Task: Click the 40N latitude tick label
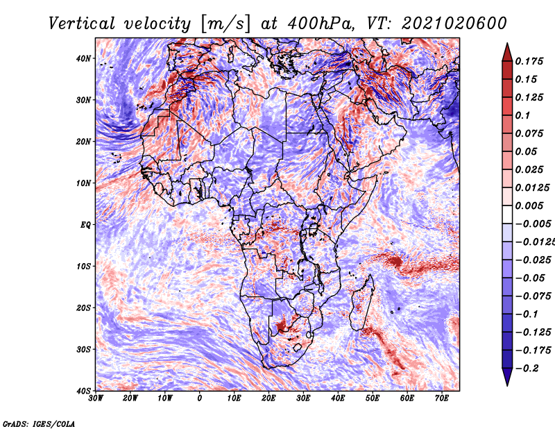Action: click(x=83, y=58)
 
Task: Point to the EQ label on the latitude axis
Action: click(x=85, y=225)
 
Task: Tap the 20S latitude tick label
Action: click(x=83, y=308)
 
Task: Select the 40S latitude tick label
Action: click(x=83, y=391)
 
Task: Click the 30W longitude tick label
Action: click(x=96, y=398)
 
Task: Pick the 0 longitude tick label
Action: click(x=200, y=398)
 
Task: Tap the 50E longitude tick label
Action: click(x=373, y=398)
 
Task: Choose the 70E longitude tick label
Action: click(x=442, y=398)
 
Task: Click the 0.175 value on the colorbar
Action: click(x=529, y=61)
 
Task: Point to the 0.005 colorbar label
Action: click(x=529, y=205)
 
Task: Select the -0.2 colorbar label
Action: click(x=527, y=368)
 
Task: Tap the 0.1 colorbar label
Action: click(x=523, y=115)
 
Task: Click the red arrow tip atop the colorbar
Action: click(x=507, y=44)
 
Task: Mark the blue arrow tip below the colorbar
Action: click(x=507, y=385)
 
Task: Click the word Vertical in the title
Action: click(x=82, y=24)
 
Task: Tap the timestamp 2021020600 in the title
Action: click(x=454, y=24)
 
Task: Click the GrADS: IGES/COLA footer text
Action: click(x=39, y=423)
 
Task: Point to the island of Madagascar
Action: click(x=362, y=303)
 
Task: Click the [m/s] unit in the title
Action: click(x=225, y=24)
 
